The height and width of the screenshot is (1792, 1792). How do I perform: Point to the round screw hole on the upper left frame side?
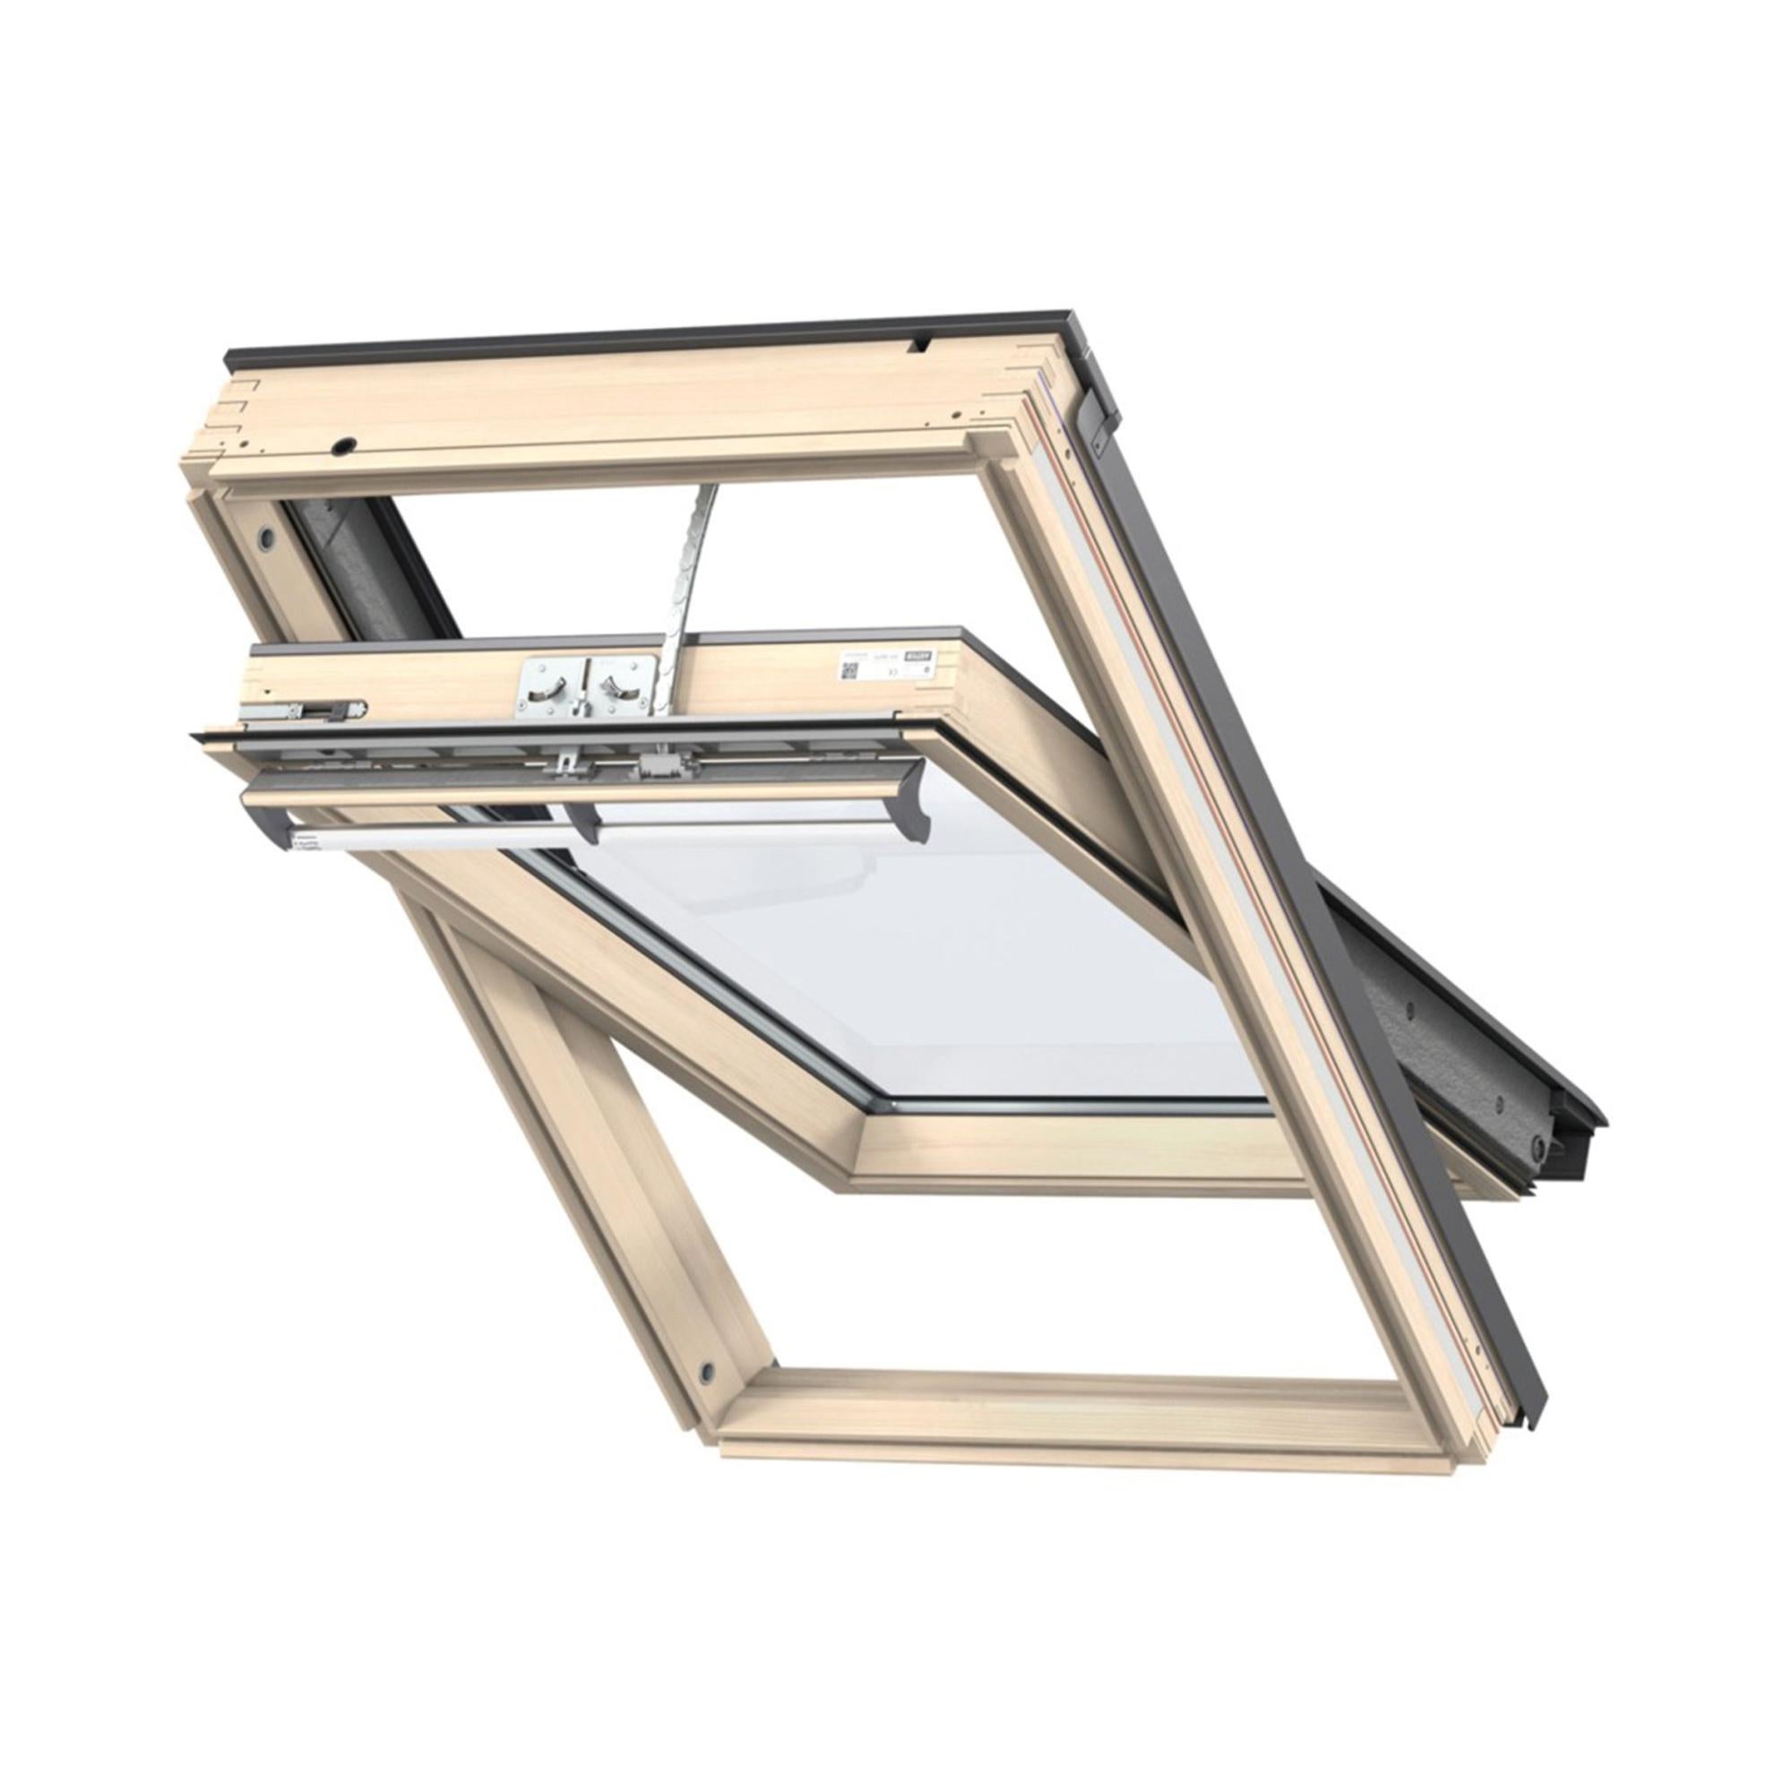coord(267,537)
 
